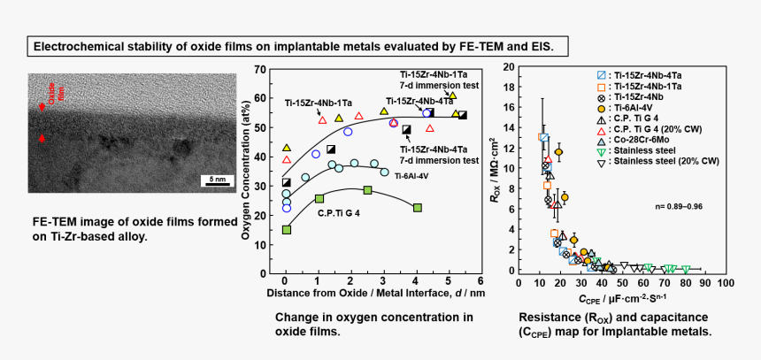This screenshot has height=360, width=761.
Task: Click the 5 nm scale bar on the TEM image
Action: tap(217, 180)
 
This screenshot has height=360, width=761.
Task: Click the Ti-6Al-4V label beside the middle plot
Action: tap(411, 176)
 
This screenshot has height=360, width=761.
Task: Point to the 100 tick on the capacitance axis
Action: tap(726, 283)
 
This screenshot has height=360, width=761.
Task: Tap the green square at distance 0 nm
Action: tap(286, 230)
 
